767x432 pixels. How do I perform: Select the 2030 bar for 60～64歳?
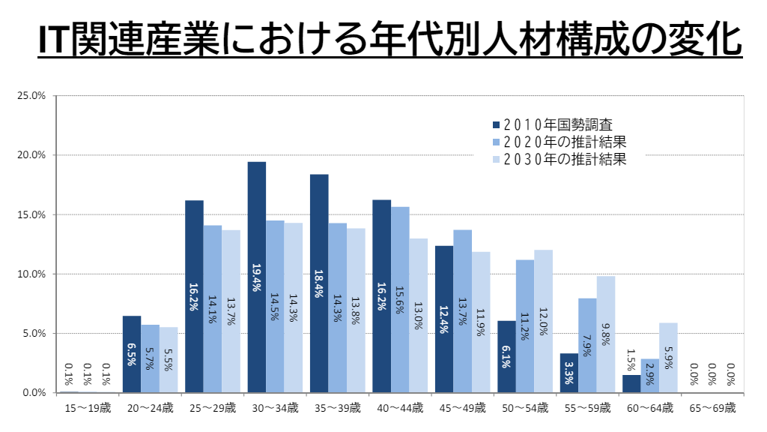point(668,358)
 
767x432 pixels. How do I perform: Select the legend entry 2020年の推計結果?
point(559,142)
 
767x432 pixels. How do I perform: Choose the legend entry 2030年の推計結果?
point(559,159)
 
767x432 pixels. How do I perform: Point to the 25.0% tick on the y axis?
point(32,96)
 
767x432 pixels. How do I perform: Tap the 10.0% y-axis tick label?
point(32,274)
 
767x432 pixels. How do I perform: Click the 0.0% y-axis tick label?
point(34,392)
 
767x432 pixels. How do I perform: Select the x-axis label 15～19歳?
point(88,409)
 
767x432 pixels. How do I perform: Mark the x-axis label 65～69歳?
point(712,409)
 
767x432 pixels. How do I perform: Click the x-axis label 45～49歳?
point(462,409)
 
